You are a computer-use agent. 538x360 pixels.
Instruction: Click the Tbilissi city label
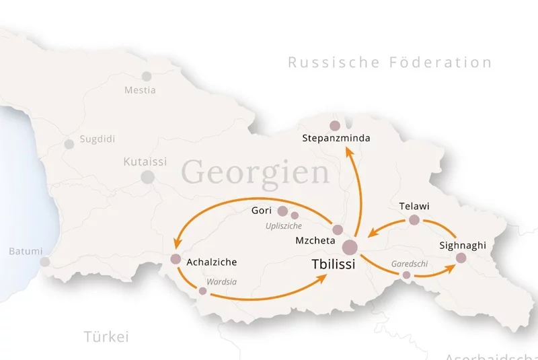coord(334,264)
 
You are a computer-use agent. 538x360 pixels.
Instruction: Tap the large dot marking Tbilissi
coord(350,247)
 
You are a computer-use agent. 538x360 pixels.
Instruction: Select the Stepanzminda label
coord(337,139)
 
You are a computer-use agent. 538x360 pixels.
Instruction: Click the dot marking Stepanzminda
coord(335,126)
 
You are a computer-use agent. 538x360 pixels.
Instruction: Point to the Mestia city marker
coord(147,77)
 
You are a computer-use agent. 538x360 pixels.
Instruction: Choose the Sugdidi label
coord(98,139)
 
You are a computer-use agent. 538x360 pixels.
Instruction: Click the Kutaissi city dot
coord(147,177)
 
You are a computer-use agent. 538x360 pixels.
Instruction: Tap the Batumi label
coord(26,251)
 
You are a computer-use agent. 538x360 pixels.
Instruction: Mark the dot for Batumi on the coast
coord(45,262)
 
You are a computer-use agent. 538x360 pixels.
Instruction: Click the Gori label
coord(262,211)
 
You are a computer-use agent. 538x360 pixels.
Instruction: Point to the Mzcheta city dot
coord(338,230)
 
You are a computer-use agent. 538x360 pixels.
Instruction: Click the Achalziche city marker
coord(176,259)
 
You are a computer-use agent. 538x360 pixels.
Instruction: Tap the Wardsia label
coord(221,282)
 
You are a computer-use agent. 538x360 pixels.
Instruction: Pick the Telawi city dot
coord(414,220)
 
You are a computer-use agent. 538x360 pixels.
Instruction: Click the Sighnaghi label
coord(462,245)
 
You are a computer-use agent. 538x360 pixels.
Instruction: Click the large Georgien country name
coord(256,172)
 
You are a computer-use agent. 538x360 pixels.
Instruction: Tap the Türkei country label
coord(106,336)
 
